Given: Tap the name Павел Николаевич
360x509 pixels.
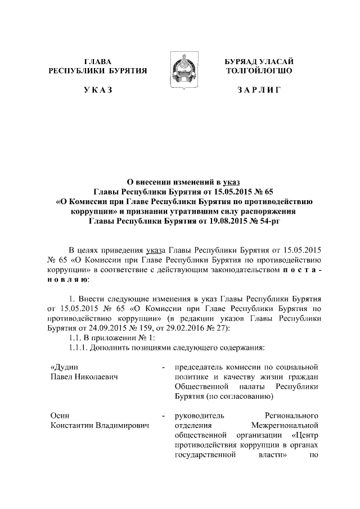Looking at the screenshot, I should click(x=84, y=377).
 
